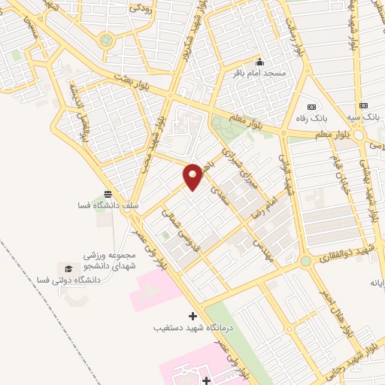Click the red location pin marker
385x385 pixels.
pyautogui.click(x=193, y=175)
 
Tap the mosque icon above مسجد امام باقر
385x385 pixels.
pyautogui.click(x=260, y=62)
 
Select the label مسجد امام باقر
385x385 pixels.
pyautogui.click(x=260, y=73)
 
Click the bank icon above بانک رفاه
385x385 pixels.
pyautogui.click(x=312, y=106)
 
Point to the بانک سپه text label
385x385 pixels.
pyautogui.click(x=364, y=117)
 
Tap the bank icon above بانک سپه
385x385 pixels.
pyautogui.click(x=364, y=106)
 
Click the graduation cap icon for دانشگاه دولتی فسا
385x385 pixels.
pyautogui.click(x=68, y=268)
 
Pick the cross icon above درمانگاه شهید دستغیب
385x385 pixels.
pyautogui.click(x=192, y=316)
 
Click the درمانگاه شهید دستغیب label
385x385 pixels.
pyautogui.click(x=192, y=328)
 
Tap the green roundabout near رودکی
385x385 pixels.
pyautogui.click(x=106, y=40)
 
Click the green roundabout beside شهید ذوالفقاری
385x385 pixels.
pyautogui.click(x=305, y=262)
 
